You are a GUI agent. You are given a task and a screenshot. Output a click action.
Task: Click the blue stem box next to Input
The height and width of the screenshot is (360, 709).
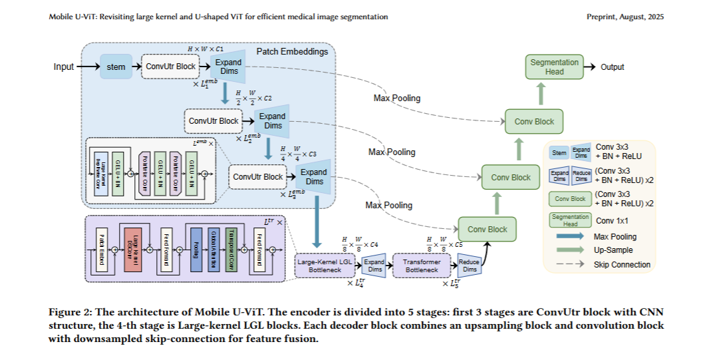click(x=116, y=67)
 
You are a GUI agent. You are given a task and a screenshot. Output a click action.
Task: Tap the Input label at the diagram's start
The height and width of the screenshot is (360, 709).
click(x=64, y=67)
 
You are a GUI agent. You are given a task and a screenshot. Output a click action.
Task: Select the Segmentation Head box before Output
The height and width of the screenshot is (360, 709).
click(x=554, y=67)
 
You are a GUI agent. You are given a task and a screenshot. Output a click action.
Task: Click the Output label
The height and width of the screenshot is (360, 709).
click(x=613, y=67)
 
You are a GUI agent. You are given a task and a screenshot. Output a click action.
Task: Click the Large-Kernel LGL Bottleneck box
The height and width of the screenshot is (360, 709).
click(x=323, y=266)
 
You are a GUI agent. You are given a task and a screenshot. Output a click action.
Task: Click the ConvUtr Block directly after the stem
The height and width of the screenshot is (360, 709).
click(x=172, y=67)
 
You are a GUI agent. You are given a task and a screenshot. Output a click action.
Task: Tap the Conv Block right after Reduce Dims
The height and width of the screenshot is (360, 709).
click(x=487, y=229)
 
